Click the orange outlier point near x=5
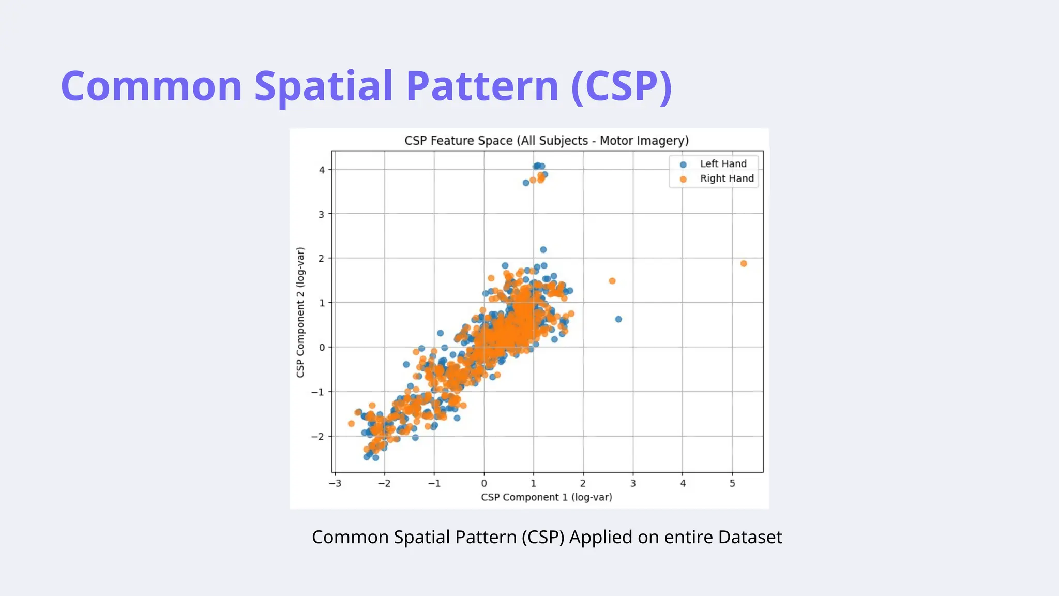click(x=744, y=264)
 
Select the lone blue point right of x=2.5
click(x=618, y=319)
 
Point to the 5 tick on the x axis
click(x=732, y=483)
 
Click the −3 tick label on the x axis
click(x=335, y=483)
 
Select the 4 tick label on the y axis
click(x=322, y=170)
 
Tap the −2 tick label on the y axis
click(x=317, y=437)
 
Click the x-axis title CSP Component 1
click(x=546, y=497)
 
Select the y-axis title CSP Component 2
click(x=300, y=312)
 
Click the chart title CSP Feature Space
click(x=546, y=141)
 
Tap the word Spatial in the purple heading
click(x=324, y=86)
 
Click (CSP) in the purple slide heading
click(x=622, y=86)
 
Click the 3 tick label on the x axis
click(x=633, y=483)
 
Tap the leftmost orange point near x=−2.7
click(x=351, y=424)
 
